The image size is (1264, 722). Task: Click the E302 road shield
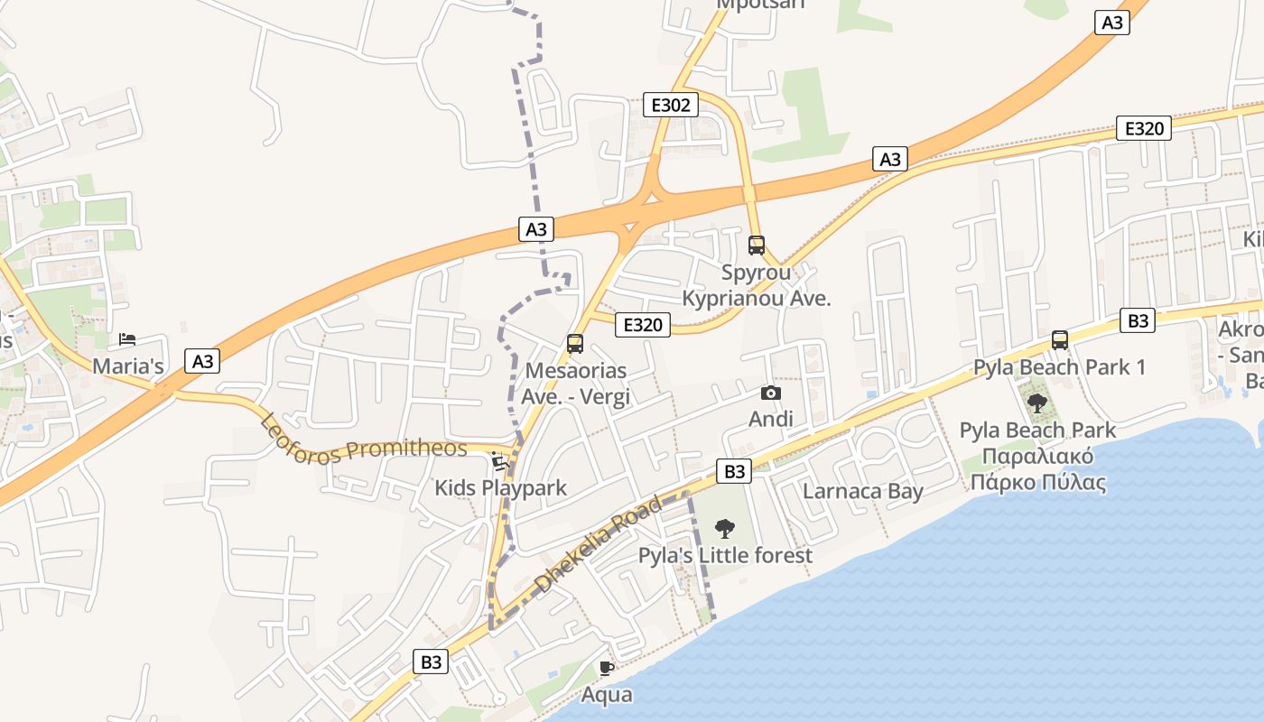pos(671,105)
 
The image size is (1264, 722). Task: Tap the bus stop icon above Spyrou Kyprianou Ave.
pos(757,245)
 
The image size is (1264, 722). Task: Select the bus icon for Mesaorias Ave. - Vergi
pos(575,343)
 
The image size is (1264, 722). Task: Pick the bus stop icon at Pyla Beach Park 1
pos(1060,340)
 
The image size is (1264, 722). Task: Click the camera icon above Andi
pos(771,393)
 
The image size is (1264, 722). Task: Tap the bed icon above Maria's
pos(127,340)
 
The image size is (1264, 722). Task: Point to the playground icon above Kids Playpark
pos(499,463)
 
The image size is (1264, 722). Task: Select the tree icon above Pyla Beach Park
pos(1037,403)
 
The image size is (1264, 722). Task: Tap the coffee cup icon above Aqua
pos(607,669)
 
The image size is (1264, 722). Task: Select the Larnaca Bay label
pos(862,491)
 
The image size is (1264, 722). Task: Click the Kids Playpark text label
pos(500,488)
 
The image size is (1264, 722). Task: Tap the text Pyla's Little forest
pos(725,555)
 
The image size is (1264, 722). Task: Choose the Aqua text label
pos(607,695)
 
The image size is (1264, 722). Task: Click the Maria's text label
pos(128,366)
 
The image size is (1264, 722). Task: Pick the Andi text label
pos(771,419)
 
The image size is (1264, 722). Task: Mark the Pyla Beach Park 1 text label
pos(1059,367)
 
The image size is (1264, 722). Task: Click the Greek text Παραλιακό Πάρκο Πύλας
pos(1037,469)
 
